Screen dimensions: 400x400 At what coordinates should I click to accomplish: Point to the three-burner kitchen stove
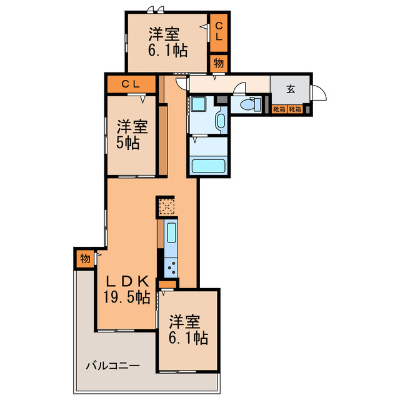pyautogui.click(x=171, y=267)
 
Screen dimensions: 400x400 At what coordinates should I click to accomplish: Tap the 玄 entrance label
pyautogui.click(x=291, y=89)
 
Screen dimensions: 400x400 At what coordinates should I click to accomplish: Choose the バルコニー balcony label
pyautogui.click(x=112, y=365)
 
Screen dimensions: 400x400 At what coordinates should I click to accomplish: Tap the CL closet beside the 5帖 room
pyautogui.click(x=130, y=84)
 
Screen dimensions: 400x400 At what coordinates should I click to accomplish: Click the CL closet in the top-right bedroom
pyautogui.click(x=219, y=31)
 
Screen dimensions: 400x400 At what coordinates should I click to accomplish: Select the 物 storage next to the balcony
pyautogui.click(x=84, y=258)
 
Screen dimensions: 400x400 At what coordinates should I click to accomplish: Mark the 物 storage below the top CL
pyautogui.click(x=219, y=62)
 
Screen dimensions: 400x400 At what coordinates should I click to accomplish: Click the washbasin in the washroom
pyautogui.click(x=221, y=120)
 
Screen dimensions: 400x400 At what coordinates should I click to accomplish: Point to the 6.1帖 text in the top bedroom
pyautogui.click(x=167, y=51)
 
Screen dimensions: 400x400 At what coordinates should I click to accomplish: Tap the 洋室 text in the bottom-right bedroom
pyautogui.click(x=186, y=322)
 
